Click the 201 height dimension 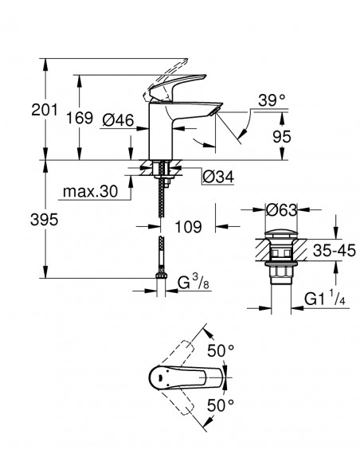(45, 110)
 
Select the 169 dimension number (79, 118)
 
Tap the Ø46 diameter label (118, 120)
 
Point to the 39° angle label (272, 100)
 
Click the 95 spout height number (282, 137)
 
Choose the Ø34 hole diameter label (218, 177)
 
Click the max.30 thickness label (91, 191)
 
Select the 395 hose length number (44, 220)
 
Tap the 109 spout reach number (188, 227)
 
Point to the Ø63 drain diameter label (281, 210)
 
